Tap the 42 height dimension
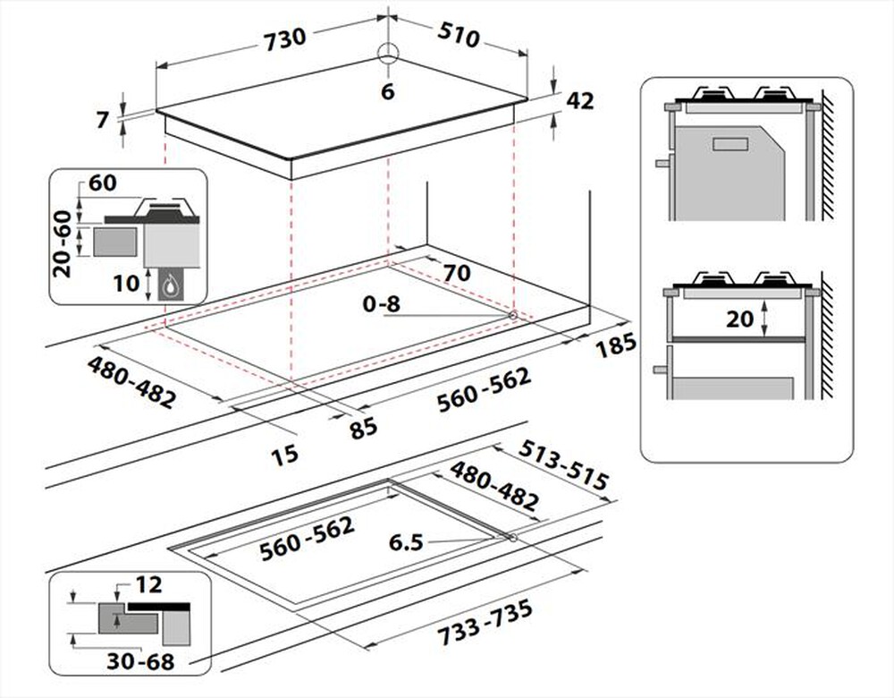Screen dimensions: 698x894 [x=580, y=101]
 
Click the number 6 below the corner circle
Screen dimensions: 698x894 [x=387, y=91]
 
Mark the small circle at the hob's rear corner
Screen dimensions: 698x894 [x=387, y=53]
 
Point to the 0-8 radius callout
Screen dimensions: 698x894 [x=382, y=304]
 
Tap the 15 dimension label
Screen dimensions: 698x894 [x=284, y=455]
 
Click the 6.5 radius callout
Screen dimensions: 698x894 [x=405, y=542]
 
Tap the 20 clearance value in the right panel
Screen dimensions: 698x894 [x=740, y=318]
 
